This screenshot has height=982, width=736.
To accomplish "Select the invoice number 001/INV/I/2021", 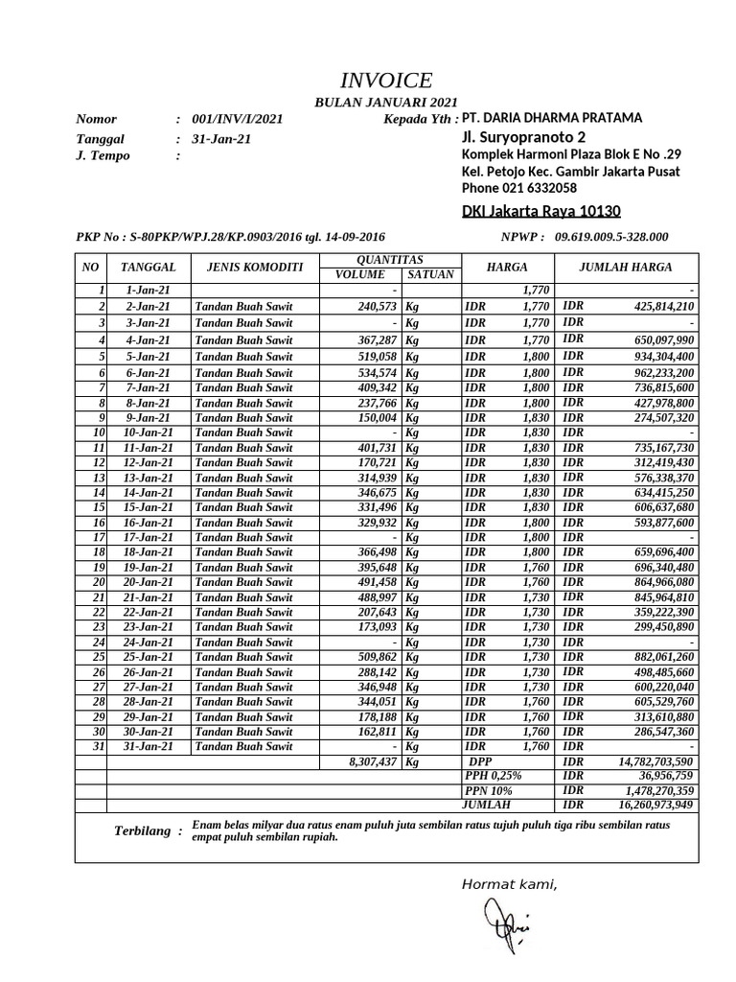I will coord(237,120).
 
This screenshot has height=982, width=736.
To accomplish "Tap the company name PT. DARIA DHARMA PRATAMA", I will coord(551,118).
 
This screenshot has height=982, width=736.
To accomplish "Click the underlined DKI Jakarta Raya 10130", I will coord(541,211).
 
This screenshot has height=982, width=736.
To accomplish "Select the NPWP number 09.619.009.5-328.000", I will coord(610,237).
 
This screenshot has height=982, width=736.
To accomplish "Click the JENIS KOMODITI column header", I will coord(249,267).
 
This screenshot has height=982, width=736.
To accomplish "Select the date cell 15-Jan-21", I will coord(149,507).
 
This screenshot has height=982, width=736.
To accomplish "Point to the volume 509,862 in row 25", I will coord(369,657).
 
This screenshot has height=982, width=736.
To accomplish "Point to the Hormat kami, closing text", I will coord(509,885).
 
